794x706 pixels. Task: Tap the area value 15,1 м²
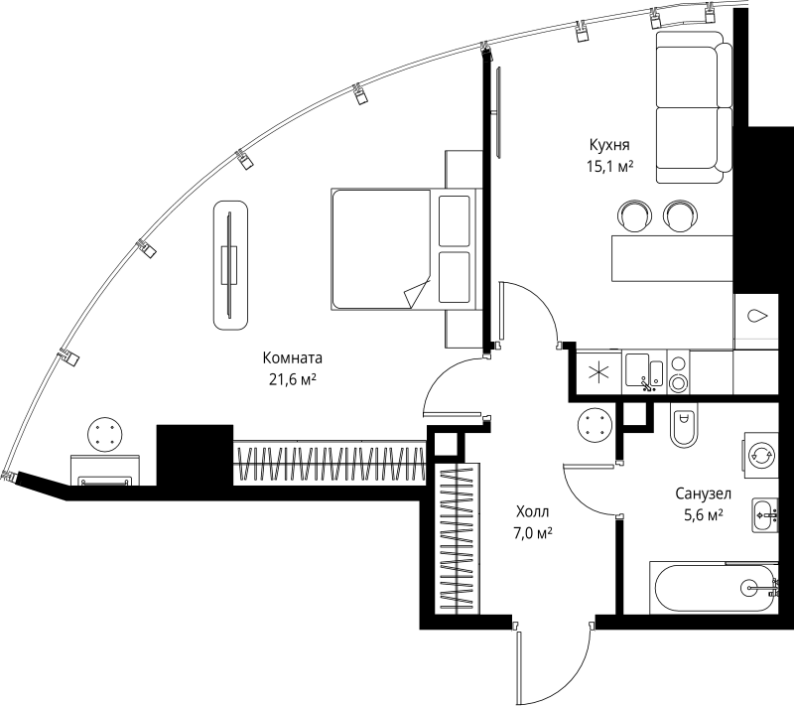tap(609, 168)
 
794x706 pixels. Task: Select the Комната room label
tap(293, 358)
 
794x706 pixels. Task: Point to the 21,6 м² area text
tap(293, 379)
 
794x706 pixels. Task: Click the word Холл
tap(532, 511)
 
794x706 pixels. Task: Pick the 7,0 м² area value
tap(533, 533)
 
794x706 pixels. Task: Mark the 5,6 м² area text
tap(702, 514)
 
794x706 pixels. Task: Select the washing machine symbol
tap(761, 456)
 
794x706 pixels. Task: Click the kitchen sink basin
tap(636, 369)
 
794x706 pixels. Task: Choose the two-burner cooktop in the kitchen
tap(679, 373)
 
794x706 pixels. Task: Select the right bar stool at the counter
tap(680, 214)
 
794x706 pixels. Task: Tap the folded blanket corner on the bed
tap(415, 294)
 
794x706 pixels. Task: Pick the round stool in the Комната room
tap(105, 434)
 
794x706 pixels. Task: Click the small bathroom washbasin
tap(763, 513)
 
